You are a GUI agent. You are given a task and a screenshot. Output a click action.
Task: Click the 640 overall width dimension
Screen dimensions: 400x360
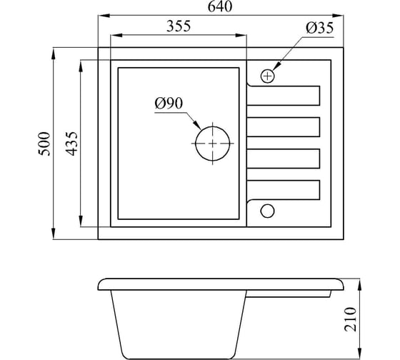220,6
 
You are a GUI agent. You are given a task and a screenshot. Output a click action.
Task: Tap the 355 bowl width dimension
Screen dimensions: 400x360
179,26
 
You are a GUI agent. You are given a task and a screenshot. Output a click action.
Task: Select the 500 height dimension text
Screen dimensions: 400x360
44,144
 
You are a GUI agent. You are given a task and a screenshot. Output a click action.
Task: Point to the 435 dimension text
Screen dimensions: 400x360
71,144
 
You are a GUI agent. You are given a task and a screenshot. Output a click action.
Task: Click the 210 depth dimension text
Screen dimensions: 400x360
350,319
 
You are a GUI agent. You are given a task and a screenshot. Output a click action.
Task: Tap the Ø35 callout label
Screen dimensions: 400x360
320,28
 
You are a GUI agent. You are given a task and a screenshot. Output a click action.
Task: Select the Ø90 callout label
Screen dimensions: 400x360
169,104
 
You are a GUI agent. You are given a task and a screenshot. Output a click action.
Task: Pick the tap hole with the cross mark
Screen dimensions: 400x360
268,76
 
